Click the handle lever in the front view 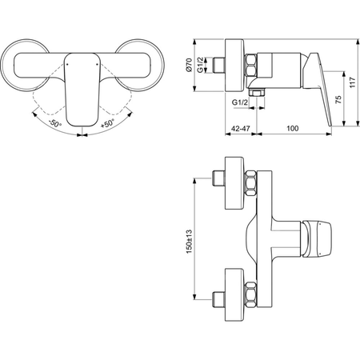tap(80, 88)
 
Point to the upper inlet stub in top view tap(221, 178)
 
